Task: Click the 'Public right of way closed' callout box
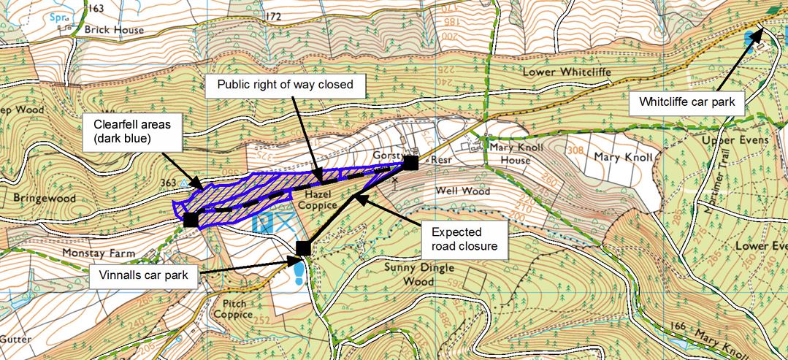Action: (x=286, y=85)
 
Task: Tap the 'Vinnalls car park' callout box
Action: (x=145, y=275)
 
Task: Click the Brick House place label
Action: (x=114, y=30)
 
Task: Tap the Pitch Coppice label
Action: (x=234, y=309)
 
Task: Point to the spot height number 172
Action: (x=273, y=16)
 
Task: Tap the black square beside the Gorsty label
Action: (x=411, y=162)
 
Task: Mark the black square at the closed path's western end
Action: (x=191, y=219)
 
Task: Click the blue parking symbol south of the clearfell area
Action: (x=261, y=223)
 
